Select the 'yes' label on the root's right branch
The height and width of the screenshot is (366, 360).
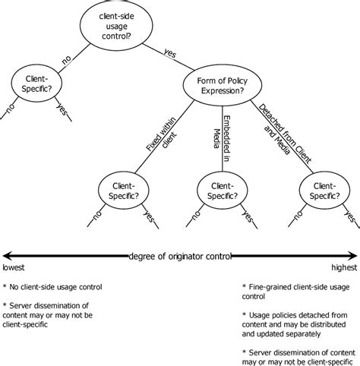[170, 52]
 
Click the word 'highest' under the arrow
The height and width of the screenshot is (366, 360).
[344, 268]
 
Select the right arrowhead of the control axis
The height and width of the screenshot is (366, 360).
[353, 256]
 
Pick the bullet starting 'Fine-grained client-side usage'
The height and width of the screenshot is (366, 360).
[296, 292]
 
